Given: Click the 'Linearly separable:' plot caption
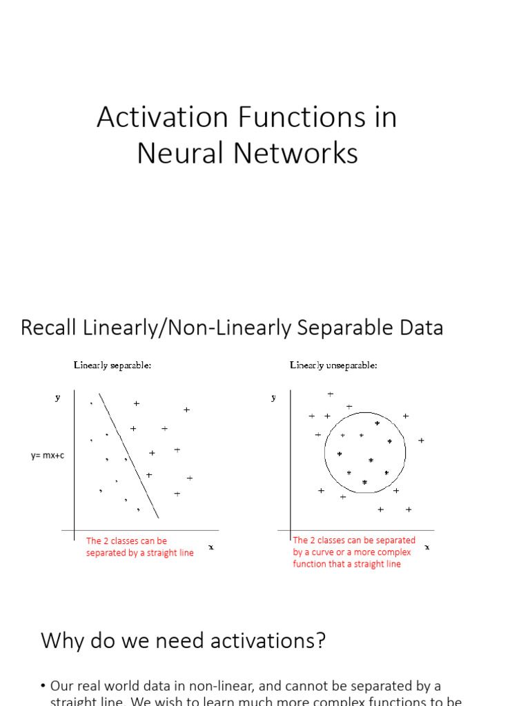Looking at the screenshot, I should click(x=112, y=365).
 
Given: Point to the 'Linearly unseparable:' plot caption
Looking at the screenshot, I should click(x=333, y=365).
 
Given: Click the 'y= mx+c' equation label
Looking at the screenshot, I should click(x=48, y=456).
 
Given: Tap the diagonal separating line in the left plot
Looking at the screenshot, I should click(x=129, y=455).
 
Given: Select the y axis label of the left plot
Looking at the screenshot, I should click(x=57, y=397).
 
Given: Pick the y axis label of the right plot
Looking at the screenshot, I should click(x=274, y=397).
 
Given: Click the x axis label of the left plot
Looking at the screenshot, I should click(x=210, y=547).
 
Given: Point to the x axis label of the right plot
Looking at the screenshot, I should click(x=426, y=547).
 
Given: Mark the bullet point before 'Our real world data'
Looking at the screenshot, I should click(x=43, y=686).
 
